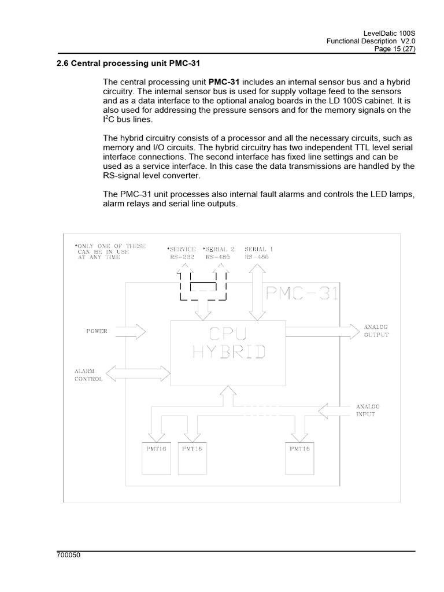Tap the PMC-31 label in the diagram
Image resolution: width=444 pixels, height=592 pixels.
click(x=300, y=294)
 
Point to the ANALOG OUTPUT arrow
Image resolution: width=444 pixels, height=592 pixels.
click(x=321, y=331)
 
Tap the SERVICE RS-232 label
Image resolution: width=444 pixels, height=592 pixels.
click(x=183, y=251)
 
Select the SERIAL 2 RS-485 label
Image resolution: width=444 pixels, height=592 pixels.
click(x=218, y=251)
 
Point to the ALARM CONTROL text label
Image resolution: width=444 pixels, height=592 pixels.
click(x=88, y=375)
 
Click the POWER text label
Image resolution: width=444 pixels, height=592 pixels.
click(x=97, y=331)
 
